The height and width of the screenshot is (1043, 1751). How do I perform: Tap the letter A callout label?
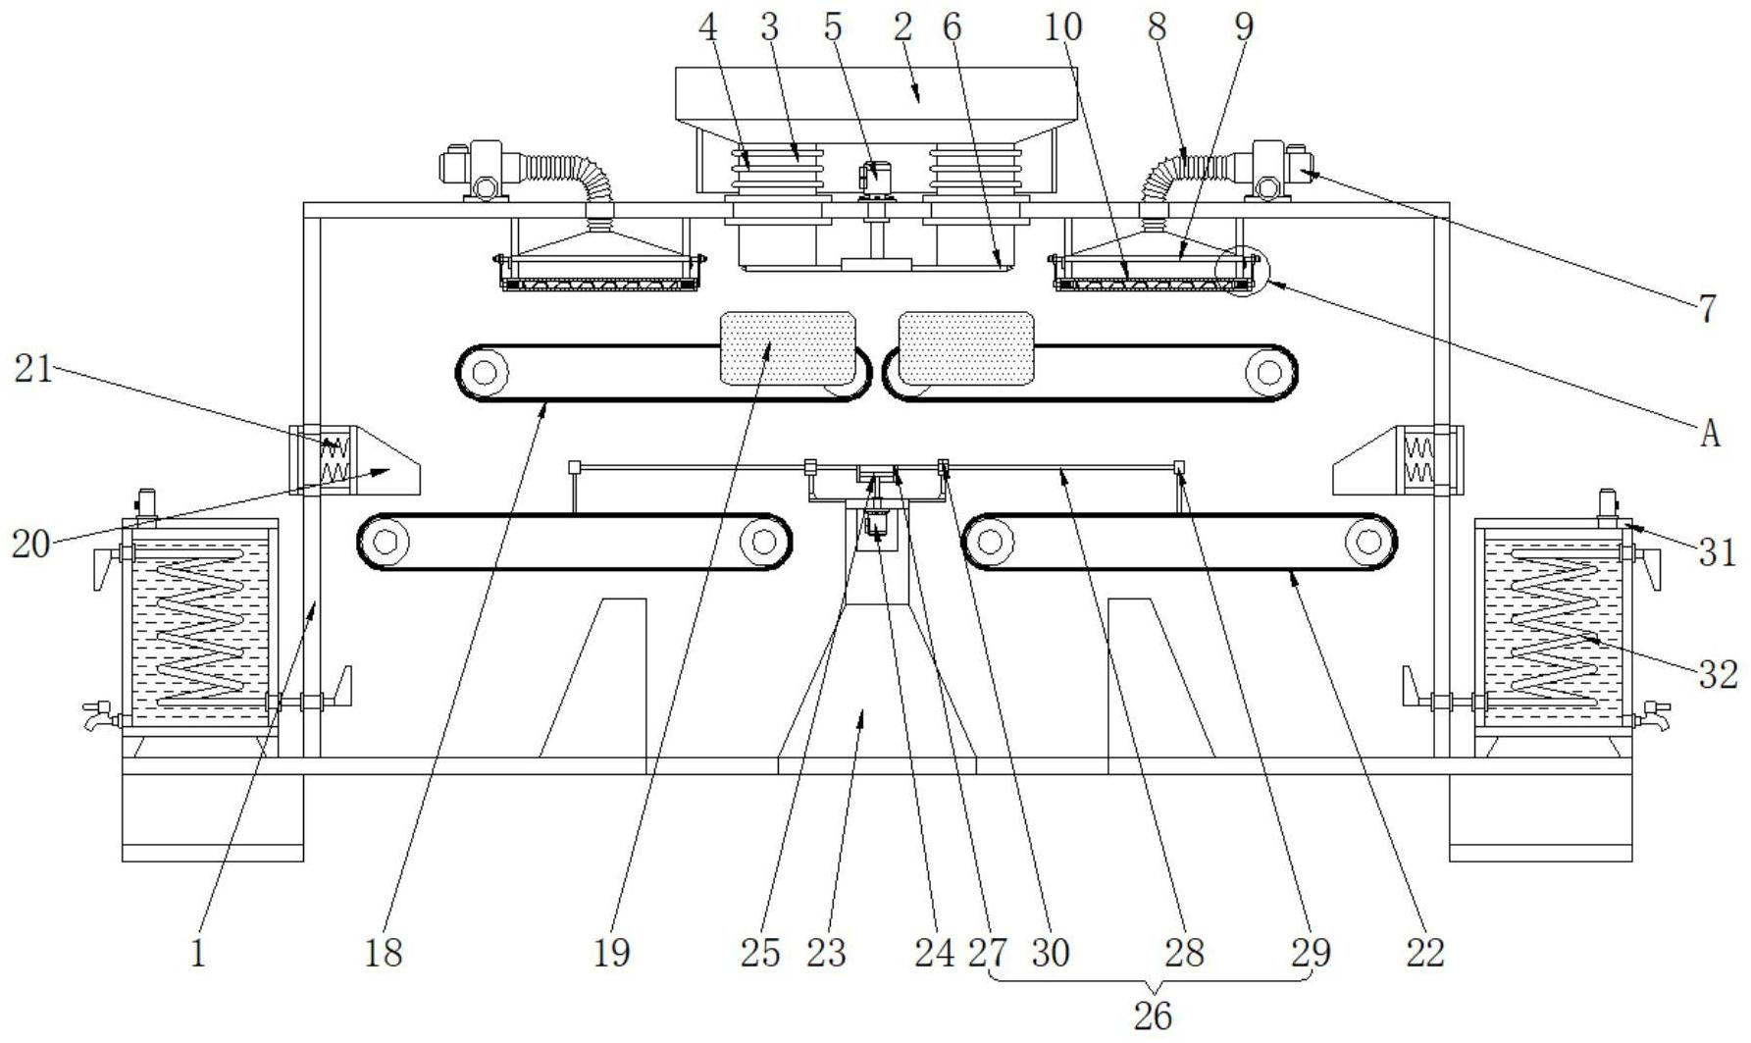point(1710,433)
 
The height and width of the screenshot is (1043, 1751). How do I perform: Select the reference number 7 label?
point(1708,309)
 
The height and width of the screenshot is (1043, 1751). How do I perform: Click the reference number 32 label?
point(1719,674)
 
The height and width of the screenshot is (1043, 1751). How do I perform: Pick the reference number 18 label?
point(384,952)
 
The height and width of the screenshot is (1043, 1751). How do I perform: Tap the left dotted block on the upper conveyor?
point(788,348)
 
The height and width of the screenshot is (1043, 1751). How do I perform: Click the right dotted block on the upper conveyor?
point(966,348)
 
